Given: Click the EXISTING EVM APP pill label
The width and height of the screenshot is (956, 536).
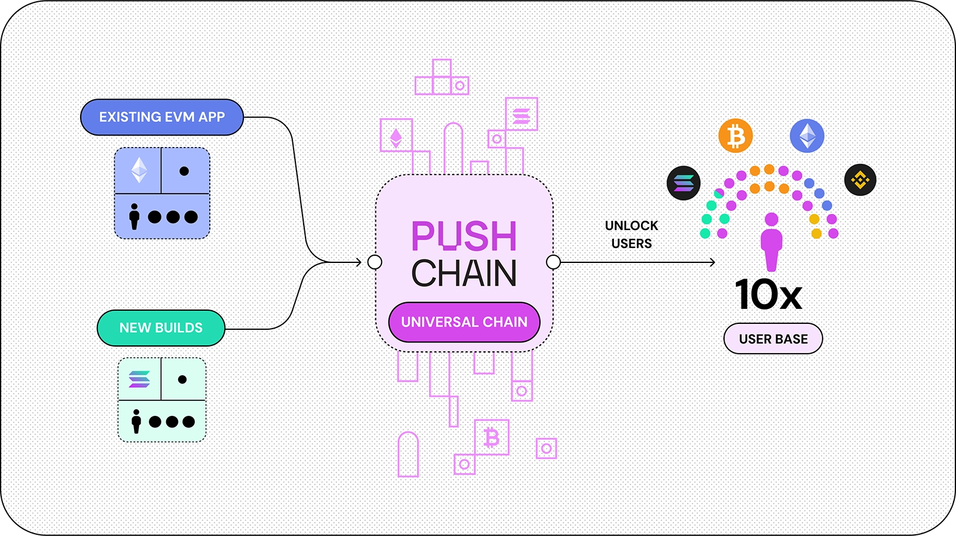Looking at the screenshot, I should [162, 117].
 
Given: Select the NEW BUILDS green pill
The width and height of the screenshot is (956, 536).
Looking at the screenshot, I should [161, 328].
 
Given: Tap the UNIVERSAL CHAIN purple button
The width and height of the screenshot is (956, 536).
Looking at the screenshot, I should [464, 322].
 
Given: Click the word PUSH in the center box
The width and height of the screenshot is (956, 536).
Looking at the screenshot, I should [464, 236].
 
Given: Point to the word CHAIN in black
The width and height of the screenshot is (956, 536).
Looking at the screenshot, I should [464, 274].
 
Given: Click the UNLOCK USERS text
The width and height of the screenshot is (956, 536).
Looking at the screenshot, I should [631, 234].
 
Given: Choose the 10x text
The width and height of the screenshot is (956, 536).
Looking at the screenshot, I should [768, 295].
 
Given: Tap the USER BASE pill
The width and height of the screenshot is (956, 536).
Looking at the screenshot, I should [773, 339].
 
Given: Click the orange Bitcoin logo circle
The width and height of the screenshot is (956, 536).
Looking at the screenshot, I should [735, 136].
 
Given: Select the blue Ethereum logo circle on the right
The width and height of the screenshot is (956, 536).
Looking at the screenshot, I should [807, 136].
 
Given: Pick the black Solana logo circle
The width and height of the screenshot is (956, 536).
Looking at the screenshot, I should [683, 183].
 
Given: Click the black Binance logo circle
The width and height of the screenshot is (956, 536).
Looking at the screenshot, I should [860, 179].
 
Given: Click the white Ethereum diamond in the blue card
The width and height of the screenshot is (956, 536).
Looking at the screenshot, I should [139, 170].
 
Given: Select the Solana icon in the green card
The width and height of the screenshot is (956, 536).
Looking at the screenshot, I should [139, 379].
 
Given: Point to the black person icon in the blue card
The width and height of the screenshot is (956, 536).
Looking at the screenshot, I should [135, 216].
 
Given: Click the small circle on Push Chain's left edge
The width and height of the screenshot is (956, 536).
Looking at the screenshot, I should [375, 262].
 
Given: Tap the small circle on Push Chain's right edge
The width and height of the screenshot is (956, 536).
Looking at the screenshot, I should [554, 262].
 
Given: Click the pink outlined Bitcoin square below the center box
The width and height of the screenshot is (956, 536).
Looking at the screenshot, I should [491, 437].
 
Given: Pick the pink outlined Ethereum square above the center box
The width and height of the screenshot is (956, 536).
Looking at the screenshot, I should [396, 136].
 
